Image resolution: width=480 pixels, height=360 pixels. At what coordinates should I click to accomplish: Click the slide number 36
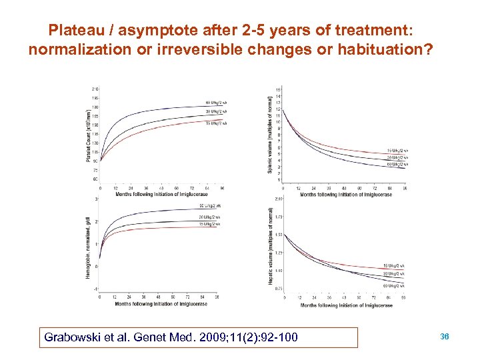[445, 337]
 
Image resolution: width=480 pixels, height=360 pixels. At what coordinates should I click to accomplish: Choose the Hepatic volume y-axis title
[270, 247]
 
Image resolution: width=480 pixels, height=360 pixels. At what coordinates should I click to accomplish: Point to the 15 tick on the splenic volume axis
[278, 89]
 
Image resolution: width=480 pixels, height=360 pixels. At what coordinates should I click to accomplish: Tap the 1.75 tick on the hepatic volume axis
[278, 217]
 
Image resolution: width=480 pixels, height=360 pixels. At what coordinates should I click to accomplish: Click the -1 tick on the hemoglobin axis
[97, 289]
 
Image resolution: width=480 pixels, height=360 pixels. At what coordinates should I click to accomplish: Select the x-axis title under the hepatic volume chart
[346, 306]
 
